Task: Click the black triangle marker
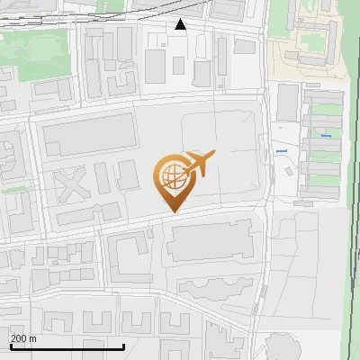(181, 24)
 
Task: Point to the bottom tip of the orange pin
(172, 211)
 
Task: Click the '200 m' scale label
(23, 338)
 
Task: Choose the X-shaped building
(73, 184)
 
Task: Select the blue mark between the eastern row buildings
(326, 136)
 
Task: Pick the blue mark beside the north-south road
(282, 150)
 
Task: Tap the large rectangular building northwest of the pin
(88, 137)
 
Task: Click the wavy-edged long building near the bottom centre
(216, 289)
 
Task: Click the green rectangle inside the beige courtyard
(314, 40)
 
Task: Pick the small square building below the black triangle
(179, 65)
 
